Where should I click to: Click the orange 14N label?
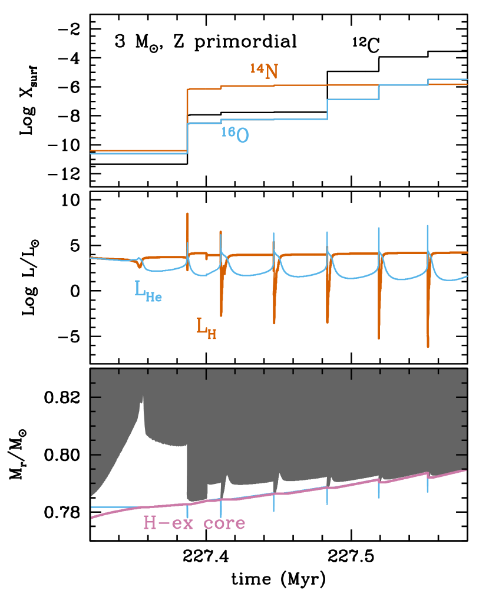(x=263, y=71)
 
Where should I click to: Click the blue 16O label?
(x=234, y=134)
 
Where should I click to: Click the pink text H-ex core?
(x=194, y=523)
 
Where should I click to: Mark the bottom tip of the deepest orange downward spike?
(x=428, y=347)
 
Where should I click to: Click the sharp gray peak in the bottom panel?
(x=142, y=401)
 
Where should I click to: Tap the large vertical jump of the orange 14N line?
(x=187, y=118)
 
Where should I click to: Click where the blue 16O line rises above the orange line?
(x=428, y=81)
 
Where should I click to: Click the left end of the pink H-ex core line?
(x=91, y=518)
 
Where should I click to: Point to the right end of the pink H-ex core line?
(x=466, y=470)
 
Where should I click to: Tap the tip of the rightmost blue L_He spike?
(x=428, y=225)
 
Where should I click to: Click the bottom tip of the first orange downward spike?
(x=221, y=316)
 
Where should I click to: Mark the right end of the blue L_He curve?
(x=467, y=276)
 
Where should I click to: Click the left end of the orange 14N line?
(x=91, y=151)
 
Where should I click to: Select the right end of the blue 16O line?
(x=467, y=79)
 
